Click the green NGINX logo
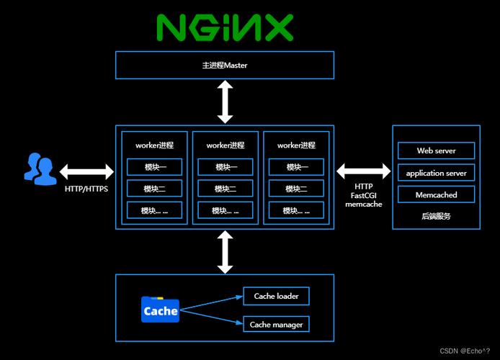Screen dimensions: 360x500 [x=225, y=27]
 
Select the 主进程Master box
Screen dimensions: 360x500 [x=225, y=65]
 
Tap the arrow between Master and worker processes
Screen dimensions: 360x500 [x=225, y=102]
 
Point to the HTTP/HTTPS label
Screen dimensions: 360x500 [x=86, y=189]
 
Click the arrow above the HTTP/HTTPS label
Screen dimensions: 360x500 [x=86, y=172]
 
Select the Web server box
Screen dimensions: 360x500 [x=436, y=151]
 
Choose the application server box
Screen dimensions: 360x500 [x=436, y=173]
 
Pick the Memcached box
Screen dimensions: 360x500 [x=436, y=194]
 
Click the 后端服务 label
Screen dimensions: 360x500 [x=436, y=216]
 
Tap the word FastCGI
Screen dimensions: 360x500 [x=363, y=194]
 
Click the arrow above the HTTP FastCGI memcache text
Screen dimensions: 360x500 [x=363, y=171]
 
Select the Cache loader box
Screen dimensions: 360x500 [x=276, y=296]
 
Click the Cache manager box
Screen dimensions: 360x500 [x=276, y=325]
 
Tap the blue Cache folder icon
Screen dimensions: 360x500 [x=160, y=310]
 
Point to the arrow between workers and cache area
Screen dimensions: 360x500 [x=225, y=252]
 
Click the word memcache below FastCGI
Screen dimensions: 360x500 [x=363, y=204]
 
